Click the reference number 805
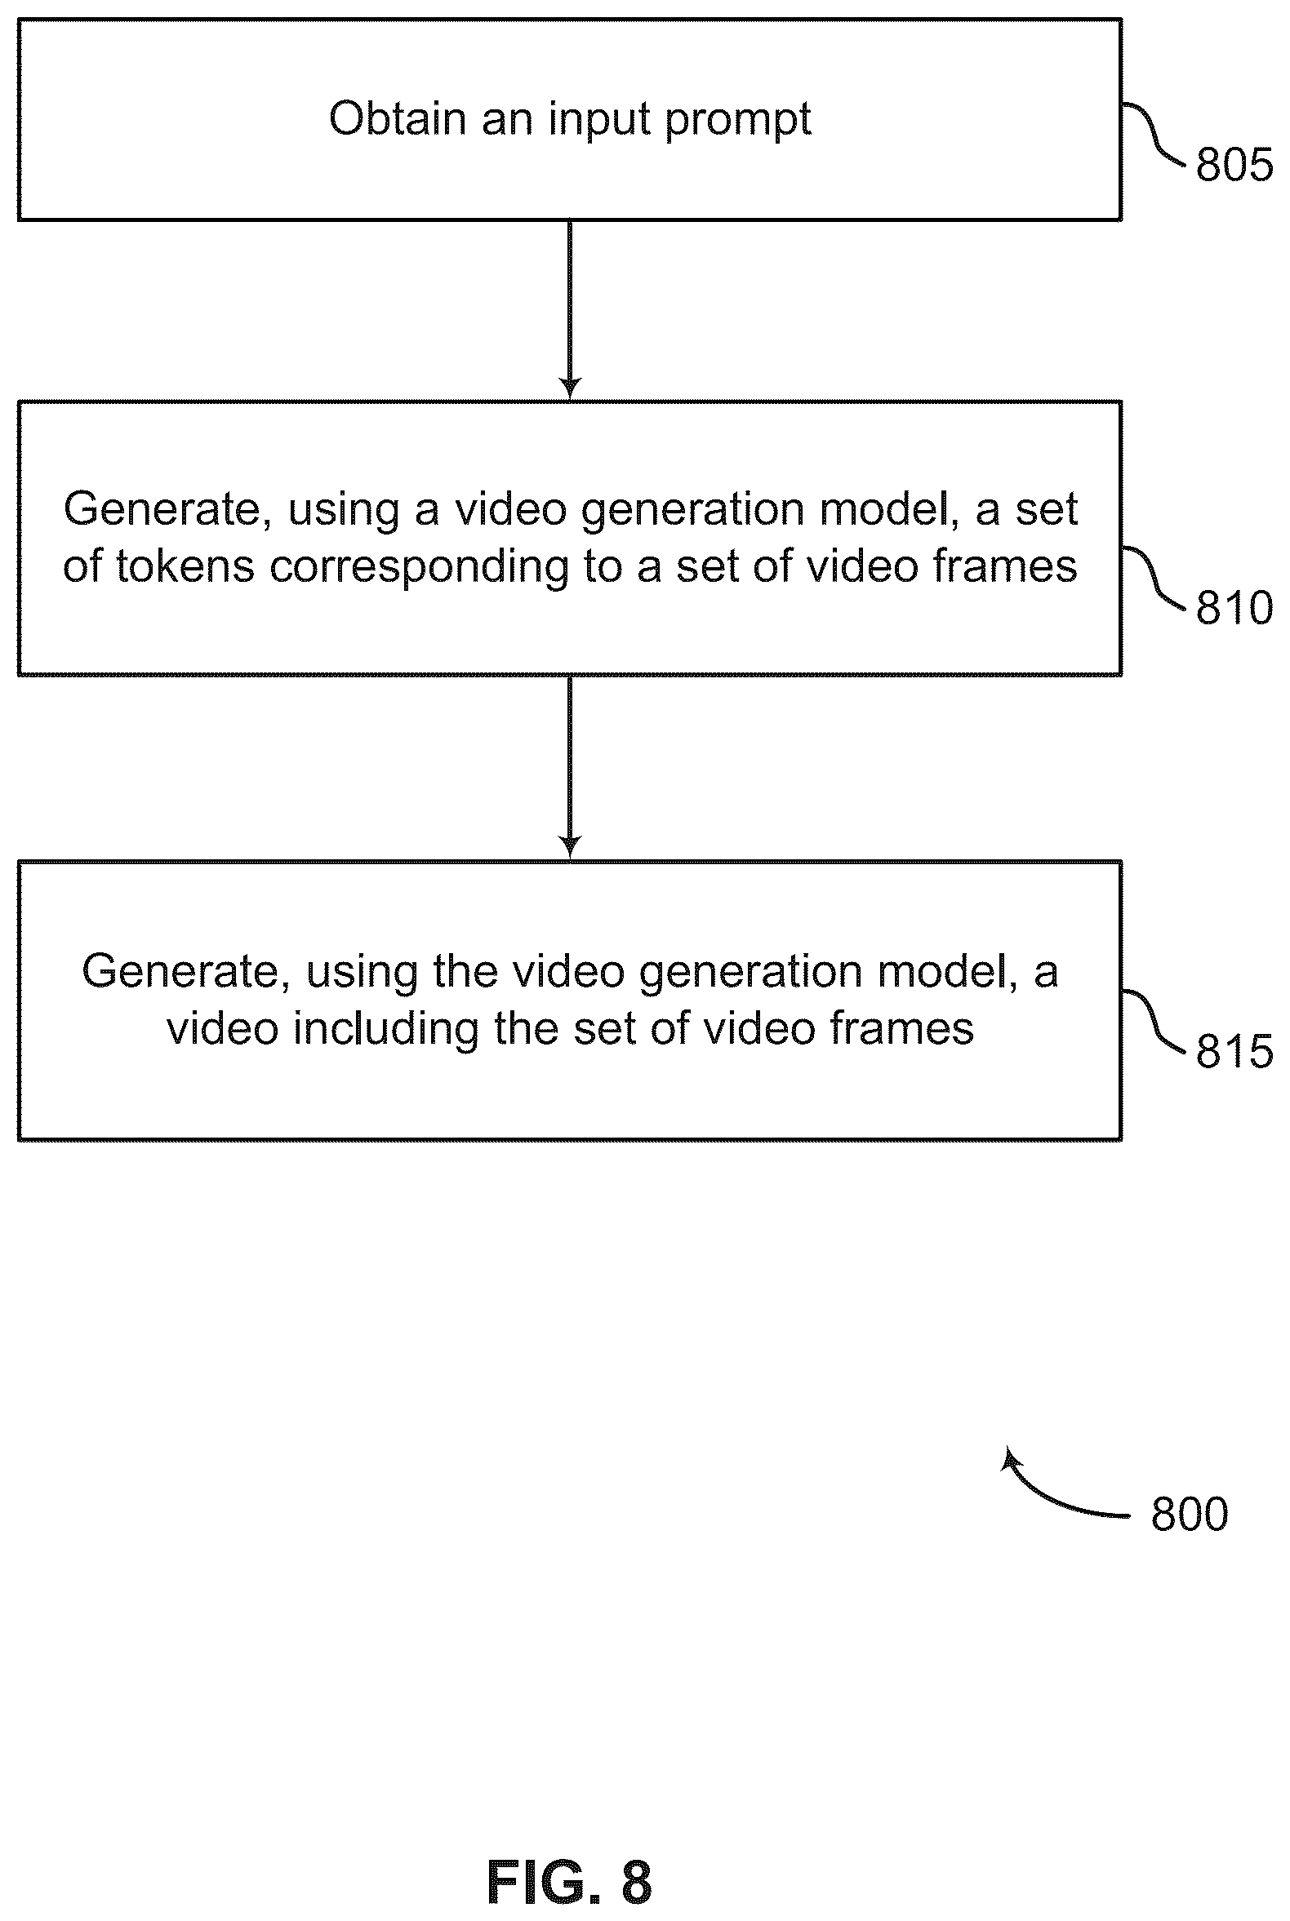pos(1234,165)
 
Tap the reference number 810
pos(1234,609)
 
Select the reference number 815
pos(1234,1052)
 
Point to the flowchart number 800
pos(1190,1514)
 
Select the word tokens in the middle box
pos(185,566)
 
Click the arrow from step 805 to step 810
pos(569,310)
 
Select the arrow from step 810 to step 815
pos(569,768)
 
